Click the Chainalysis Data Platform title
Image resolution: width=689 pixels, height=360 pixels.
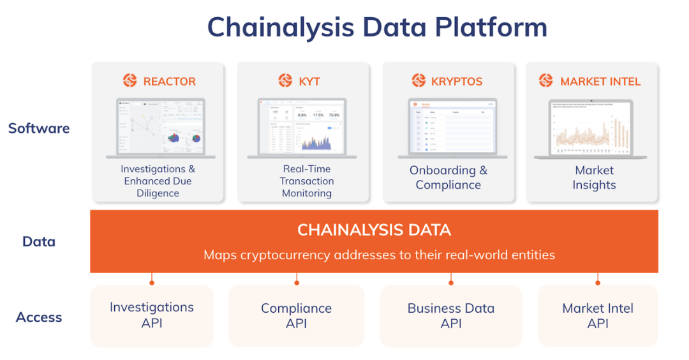pos(377,27)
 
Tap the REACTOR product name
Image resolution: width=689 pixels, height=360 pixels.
pos(169,81)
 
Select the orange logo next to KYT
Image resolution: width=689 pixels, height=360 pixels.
pos(285,80)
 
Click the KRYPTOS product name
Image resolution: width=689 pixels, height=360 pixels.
pos(456,81)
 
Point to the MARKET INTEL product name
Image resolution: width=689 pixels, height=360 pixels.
pos(600,81)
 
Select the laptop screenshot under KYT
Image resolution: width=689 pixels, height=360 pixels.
pos(302,128)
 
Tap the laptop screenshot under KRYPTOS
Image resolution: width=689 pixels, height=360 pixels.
pos(452,128)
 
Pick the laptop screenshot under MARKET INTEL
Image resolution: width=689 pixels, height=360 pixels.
pos(591,128)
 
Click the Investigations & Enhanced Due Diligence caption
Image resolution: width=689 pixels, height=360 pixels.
pos(158,181)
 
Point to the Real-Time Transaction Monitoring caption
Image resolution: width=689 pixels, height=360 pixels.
pos(307,181)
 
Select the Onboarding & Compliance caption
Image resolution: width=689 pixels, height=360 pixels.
pos(448,177)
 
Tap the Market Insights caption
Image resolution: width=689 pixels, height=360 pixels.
pos(594,177)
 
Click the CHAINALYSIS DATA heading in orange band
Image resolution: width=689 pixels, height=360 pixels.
pos(374,230)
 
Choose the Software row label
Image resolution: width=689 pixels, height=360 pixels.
pos(39,128)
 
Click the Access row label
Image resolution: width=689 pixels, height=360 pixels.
pos(39,317)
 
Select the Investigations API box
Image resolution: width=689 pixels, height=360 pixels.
pos(152,315)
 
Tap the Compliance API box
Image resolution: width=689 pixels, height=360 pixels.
pos(296,315)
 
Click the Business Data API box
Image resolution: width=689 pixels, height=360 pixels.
pos(450,315)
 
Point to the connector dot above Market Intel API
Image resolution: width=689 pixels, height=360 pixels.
pos(598,281)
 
